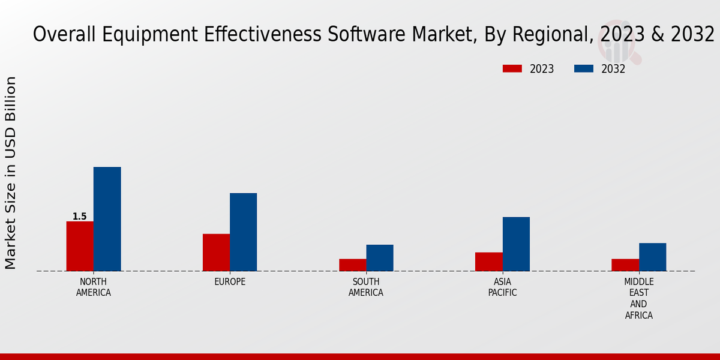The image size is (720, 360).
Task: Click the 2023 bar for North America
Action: pos(80,246)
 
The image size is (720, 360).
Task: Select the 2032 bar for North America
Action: pos(107,219)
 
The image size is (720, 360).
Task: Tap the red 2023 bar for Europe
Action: pos(216,252)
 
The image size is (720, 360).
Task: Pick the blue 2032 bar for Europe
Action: pos(243,232)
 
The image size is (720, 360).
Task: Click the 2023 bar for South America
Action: pos(352,265)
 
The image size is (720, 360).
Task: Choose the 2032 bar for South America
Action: pos(380,257)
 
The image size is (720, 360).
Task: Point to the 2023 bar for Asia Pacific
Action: pos(488,262)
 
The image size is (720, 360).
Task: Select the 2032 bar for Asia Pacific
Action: pos(516,244)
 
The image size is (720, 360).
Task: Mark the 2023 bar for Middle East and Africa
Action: pos(625,265)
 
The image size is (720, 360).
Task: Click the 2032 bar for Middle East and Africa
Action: pos(652,257)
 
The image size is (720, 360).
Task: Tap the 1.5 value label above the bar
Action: pos(80,217)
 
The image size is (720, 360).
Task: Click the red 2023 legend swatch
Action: pos(512,69)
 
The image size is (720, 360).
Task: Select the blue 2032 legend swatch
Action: pos(584,69)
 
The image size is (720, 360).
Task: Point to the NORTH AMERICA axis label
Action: pos(94,287)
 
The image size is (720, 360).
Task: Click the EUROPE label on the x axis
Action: pos(230,282)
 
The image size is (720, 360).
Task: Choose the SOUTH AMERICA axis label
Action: pos(366,287)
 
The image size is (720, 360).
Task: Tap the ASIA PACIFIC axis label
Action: pos(502,287)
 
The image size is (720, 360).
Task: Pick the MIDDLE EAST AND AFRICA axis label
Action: pos(639,298)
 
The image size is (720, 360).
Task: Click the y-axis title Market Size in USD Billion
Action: pos(11,173)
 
